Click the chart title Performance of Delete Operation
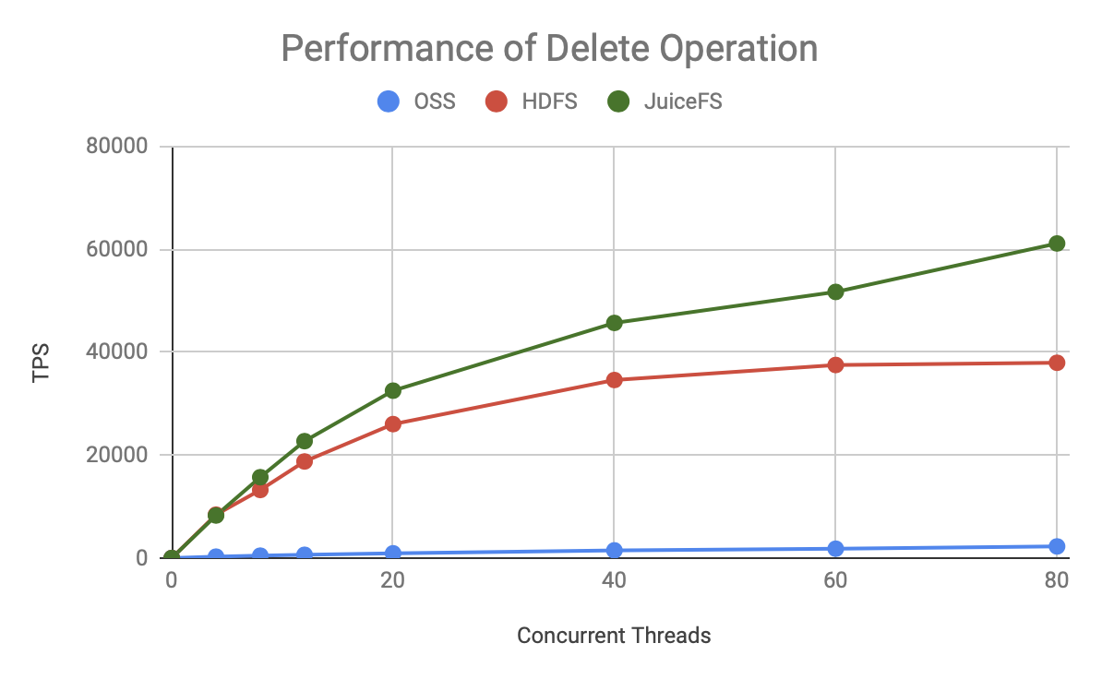(x=549, y=48)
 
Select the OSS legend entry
(x=416, y=101)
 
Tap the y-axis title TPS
(x=42, y=363)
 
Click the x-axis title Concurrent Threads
(x=614, y=636)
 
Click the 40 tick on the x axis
(x=614, y=580)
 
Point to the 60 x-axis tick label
(x=835, y=580)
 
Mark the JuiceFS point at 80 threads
(x=1057, y=244)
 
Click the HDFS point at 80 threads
(x=1057, y=363)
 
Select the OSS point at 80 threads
(x=1057, y=546)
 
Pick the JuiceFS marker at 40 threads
(x=614, y=323)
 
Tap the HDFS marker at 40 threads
(x=614, y=379)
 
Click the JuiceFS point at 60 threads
(x=835, y=292)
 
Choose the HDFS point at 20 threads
(x=393, y=424)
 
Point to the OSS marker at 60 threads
(x=835, y=549)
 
